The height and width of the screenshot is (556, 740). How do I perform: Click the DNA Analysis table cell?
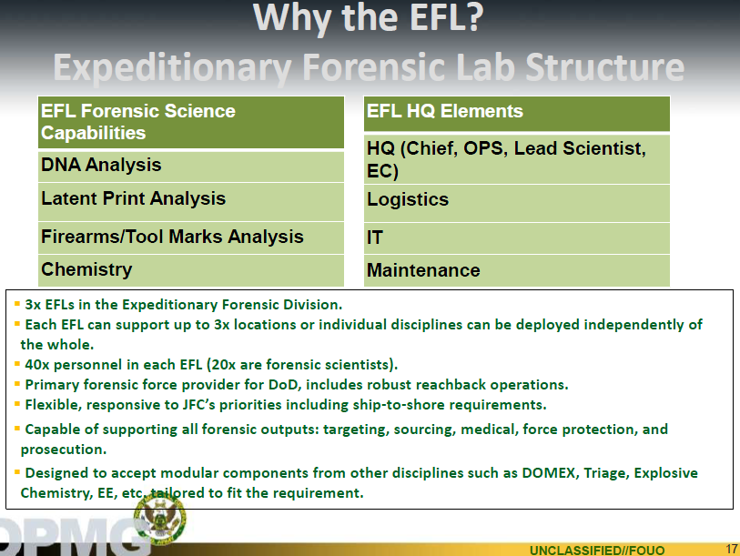[190, 167]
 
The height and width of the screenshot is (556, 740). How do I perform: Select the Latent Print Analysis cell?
[190, 202]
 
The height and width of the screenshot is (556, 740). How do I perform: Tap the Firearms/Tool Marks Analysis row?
[190, 238]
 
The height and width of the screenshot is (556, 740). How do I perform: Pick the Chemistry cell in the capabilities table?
[190, 270]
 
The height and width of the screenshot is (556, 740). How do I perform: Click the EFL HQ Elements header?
[517, 114]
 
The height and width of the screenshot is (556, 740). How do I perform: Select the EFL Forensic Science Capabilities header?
[190, 123]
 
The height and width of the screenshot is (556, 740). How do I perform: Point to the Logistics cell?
[517, 204]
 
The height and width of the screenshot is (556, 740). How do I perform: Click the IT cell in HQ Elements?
[517, 238]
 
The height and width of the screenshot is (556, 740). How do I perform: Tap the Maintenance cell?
[517, 270]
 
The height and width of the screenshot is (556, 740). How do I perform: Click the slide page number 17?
[732, 549]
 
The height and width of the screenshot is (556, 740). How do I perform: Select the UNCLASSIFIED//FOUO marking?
[597, 551]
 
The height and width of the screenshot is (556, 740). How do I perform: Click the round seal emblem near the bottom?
[160, 519]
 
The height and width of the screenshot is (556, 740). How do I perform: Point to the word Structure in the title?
[605, 67]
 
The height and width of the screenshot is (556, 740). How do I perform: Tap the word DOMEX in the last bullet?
[548, 473]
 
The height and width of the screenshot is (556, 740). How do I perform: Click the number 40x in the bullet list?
[36, 365]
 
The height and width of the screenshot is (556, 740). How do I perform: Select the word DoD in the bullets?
[283, 385]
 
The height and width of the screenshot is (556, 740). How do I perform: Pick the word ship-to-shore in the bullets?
[397, 405]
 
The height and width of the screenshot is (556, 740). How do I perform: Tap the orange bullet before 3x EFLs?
[17, 304]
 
